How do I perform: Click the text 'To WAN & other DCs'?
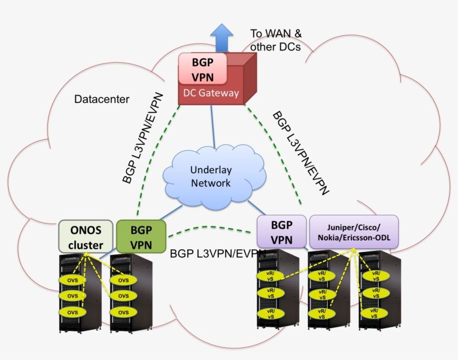(x=275, y=40)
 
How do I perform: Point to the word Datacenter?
(x=102, y=100)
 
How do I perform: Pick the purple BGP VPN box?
(x=282, y=232)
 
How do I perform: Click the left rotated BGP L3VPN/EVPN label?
(x=143, y=138)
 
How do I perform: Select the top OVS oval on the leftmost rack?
(x=73, y=280)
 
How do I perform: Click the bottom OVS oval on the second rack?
(x=123, y=311)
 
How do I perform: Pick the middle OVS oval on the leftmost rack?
(x=73, y=295)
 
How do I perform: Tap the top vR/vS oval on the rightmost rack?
(x=372, y=275)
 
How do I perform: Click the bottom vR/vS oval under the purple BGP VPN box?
(x=270, y=313)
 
